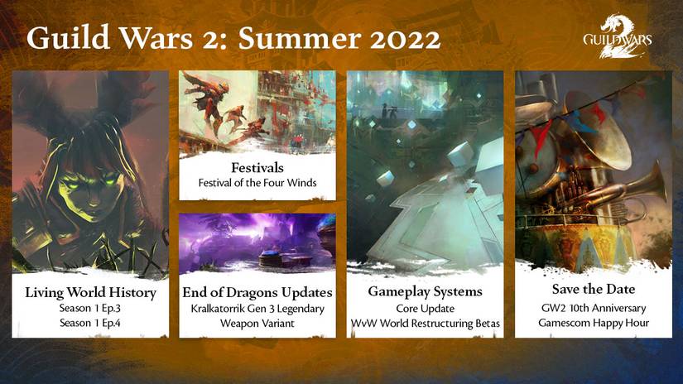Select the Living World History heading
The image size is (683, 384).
click(x=90, y=292)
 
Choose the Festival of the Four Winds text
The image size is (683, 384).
click(x=257, y=182)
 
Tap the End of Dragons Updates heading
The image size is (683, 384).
click(x=257, y=292)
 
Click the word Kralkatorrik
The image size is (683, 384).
click(x=219, y=308)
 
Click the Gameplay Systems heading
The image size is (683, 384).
click(x=425, y=292)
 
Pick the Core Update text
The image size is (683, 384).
click(x=425, y=308)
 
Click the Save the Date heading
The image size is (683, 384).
click(x=592, y=289)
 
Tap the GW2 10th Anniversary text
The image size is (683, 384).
click(x=592, y=306)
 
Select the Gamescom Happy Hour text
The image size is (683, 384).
click(x=592, y=321)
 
